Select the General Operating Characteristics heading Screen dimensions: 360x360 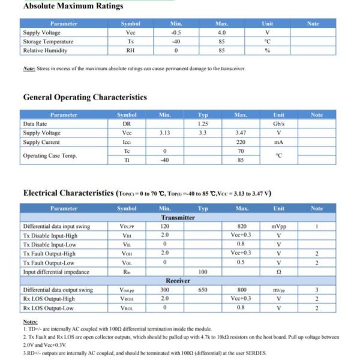coord(85,97)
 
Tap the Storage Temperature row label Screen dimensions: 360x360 coord(48,41)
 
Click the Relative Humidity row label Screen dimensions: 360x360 coord(45,50)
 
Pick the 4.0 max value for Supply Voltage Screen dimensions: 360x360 coord(221,32)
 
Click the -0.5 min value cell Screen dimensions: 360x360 coord(176,32)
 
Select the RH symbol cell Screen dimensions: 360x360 coord(130,50)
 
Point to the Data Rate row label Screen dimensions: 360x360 coord(35,124)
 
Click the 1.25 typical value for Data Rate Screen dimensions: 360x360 coord(203,124)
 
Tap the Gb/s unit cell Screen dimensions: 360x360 coord(278,124)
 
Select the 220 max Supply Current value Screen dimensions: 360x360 coord(241,142)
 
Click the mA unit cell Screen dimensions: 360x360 coord(278,142)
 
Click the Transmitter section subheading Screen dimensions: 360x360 coord(178,217)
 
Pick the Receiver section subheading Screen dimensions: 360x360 coord(178,280)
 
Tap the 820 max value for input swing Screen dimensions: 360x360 coord(242,226)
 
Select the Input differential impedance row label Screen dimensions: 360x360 coord(56,272)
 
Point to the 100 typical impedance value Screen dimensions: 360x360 coord(203,272)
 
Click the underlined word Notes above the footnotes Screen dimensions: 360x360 coord(30,322)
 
